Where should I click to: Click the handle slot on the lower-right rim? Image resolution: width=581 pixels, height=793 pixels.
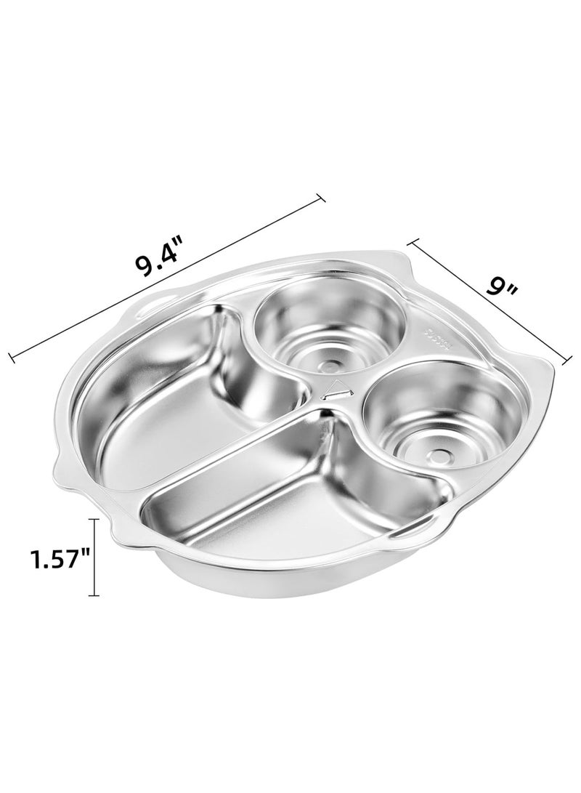tap(411, 534)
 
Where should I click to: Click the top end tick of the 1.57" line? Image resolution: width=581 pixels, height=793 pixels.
tap(94, 520)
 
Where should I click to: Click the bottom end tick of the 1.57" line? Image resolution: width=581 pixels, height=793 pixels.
tap(94, 595)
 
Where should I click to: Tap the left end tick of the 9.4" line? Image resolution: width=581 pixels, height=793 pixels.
tap(11, 356)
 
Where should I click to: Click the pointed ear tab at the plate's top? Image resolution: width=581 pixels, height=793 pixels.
tap(393, 266)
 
